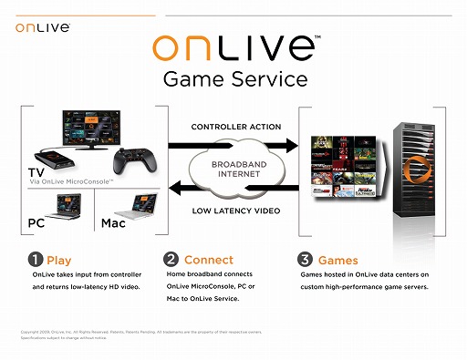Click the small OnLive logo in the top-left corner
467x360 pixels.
(40, 27)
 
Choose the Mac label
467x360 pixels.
(114, 221)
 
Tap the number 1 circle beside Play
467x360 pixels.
(36, 261)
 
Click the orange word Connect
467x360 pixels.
(208, 261)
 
